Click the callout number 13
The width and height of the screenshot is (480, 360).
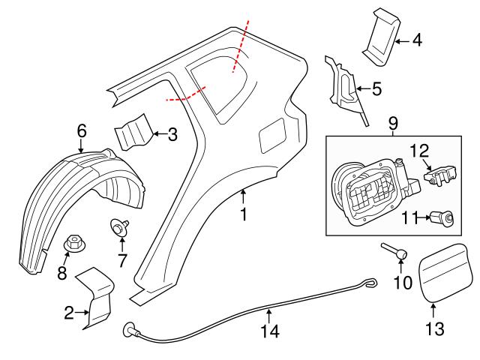[x=435, y=328]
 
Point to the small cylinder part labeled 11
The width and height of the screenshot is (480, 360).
[x=444, y=218]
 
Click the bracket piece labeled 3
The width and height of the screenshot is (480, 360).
[x=133, y=133]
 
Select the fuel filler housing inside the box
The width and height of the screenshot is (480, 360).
[x=364, y=187]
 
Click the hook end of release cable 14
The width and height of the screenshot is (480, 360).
[x=370, y=283]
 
